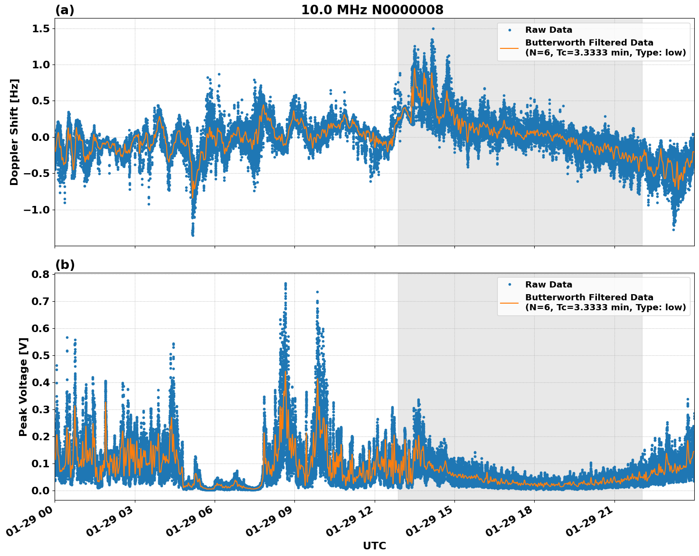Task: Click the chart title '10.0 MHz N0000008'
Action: coord(372,10)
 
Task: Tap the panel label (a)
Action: coord(65,10)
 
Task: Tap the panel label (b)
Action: coord(65,265)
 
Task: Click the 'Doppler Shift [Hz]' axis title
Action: coord(14,132)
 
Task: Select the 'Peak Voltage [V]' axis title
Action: coord(23,387)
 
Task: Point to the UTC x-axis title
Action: coord(374,546)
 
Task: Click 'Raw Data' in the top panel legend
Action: coord(548,30)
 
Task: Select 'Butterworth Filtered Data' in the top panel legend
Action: coord(589,43)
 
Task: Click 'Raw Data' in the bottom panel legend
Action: coord(548,285)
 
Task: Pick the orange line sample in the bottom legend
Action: coord(510,302)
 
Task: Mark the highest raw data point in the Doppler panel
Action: coord(433,28)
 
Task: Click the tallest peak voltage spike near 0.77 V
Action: coord(285,284)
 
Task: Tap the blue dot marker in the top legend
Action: coord(510,30)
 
